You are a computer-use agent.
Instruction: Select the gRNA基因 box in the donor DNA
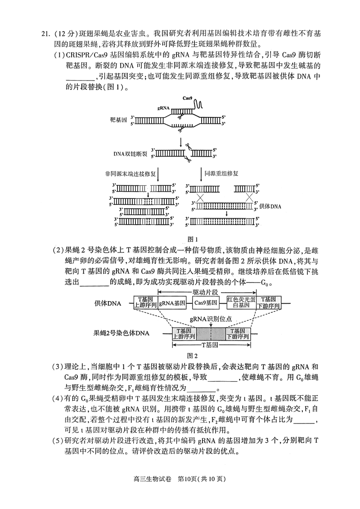click(172, 303)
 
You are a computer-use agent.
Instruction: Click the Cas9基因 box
click(205, 303)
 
